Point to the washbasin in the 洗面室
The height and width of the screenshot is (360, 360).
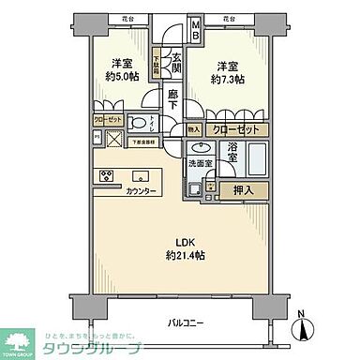click(x=199, y=148)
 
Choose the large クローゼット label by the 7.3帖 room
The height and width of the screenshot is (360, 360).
click(x=233, y=130)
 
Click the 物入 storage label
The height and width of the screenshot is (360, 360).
click(x=193, y=130)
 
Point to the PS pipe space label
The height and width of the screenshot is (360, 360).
click(x=97, y=135)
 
